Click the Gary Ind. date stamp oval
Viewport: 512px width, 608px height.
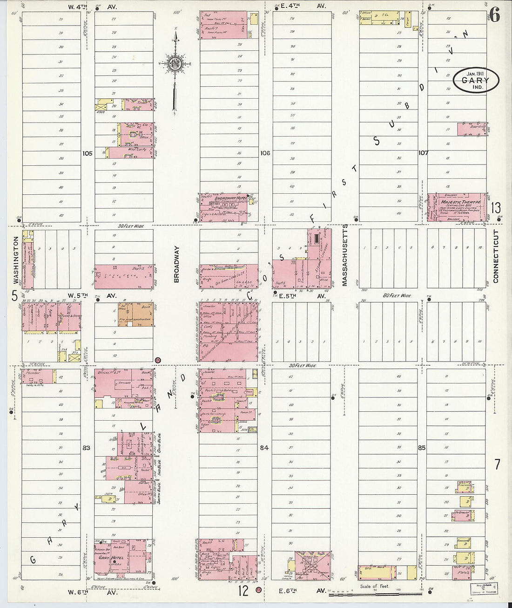coord(476,80)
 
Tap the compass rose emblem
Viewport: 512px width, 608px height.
coord(175,64)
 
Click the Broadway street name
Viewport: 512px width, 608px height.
coord(176,265)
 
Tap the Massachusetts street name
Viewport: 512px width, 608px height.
coord(345,255)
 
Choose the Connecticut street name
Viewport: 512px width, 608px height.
coord(495,256)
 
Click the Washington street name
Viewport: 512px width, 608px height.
coord(15,260)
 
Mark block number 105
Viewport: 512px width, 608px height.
coord(88,153)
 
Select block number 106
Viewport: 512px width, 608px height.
coord(265,153)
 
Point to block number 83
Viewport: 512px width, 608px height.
coord(86,448)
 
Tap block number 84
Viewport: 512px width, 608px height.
coord(264,448)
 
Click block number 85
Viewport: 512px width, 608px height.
coord(422,448)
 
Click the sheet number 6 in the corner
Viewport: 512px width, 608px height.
coord(494,15)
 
